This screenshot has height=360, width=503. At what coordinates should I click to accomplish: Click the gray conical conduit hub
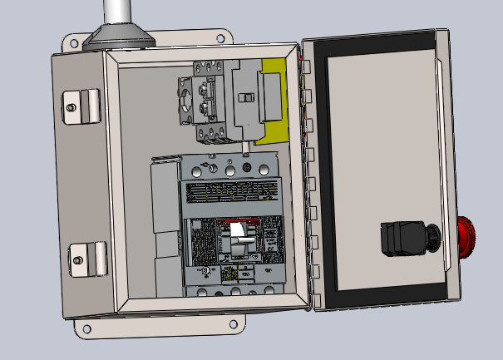click(121, 37)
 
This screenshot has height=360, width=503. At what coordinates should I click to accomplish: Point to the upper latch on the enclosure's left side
click(83, 104)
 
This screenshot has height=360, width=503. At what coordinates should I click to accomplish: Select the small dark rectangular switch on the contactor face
click(246, 98)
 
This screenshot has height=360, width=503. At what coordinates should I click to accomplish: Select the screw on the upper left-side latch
click(72, 106)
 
